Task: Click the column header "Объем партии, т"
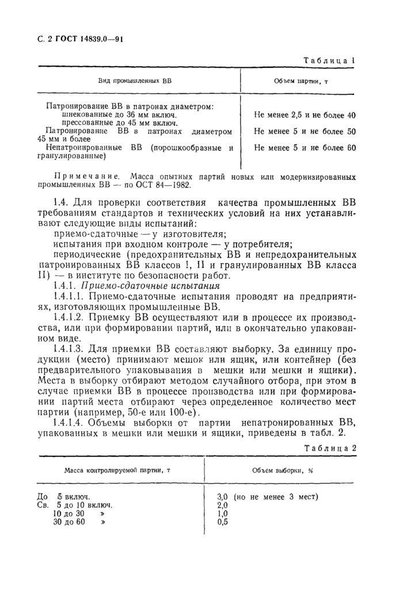(301, 81)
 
